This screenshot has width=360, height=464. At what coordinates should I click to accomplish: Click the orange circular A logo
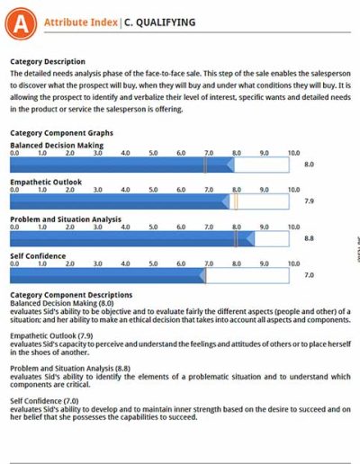coord(21,23)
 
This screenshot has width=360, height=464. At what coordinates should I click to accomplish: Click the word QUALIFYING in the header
coord(166,22)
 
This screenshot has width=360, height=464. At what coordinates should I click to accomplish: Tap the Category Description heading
coord(48,62)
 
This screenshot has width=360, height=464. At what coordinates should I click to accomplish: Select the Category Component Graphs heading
coord(61,133)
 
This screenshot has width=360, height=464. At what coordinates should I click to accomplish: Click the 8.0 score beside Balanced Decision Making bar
coord(309,165)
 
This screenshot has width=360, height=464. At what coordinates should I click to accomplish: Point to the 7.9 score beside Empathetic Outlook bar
coord(309,201)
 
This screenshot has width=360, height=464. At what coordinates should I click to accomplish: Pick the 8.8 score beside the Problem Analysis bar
coord(309,238)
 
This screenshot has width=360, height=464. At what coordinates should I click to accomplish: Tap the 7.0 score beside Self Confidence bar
coord(309,275)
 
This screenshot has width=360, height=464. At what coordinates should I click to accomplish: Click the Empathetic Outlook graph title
coord(46,182)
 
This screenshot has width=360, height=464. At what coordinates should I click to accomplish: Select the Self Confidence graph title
coord(38,256)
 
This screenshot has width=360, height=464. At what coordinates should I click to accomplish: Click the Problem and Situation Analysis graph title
coord(66,219)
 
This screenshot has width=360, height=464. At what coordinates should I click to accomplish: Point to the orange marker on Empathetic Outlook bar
coord(236,201)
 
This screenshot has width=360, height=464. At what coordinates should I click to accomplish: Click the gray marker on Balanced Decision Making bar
coord(205,165)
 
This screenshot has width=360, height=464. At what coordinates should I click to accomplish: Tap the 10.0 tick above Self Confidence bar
coord(293,263)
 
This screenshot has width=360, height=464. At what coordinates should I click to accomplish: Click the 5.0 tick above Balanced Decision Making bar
coord(153,153)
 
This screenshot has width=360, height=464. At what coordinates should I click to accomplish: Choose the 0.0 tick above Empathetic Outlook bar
coord(14,190)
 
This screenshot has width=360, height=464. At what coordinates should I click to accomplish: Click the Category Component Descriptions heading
coord(71,295)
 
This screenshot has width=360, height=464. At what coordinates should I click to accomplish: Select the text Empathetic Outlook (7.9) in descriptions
coord(51,335)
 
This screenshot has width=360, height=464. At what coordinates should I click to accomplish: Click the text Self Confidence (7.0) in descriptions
coord(44,401)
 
